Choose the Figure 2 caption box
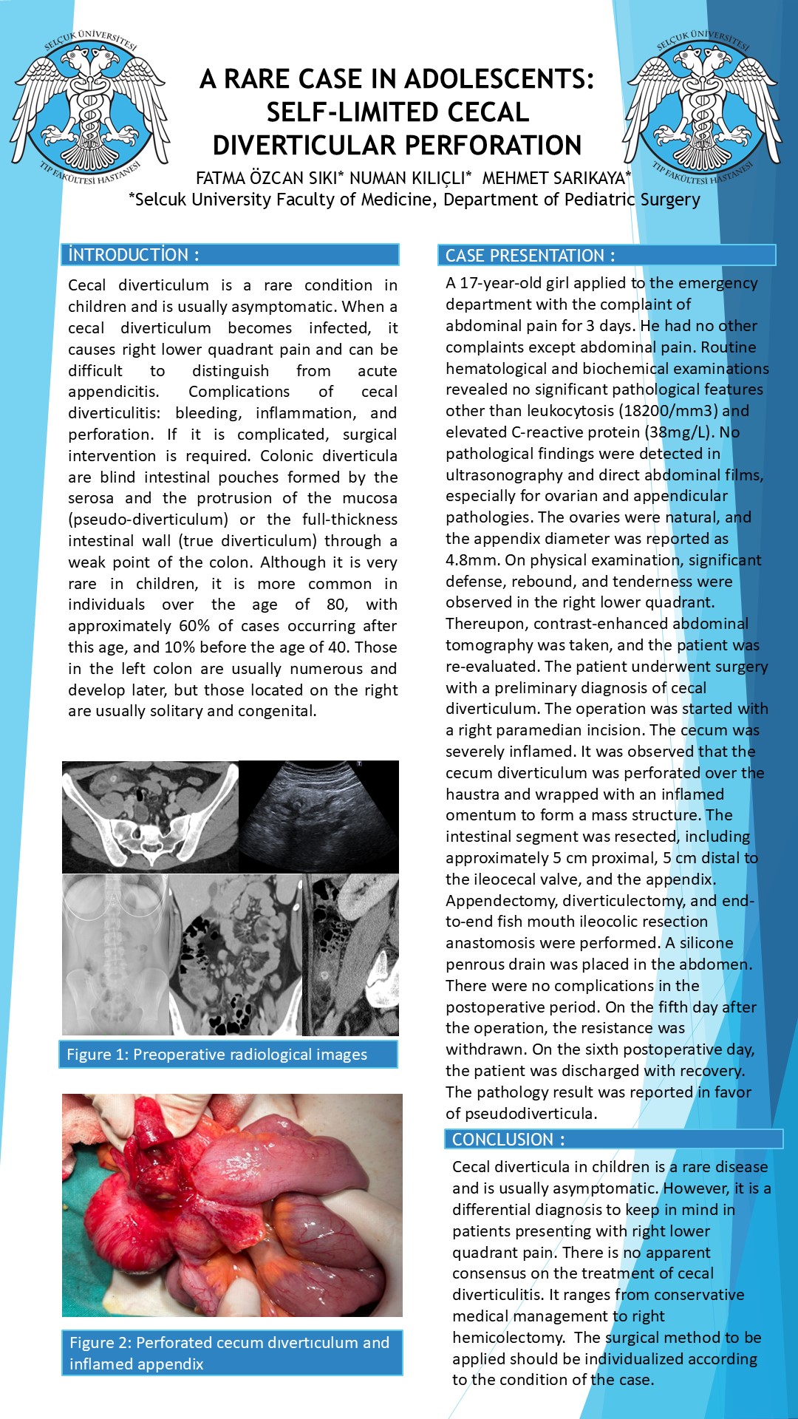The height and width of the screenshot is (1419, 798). point(232,1352)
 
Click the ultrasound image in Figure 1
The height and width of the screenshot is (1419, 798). point(318,817)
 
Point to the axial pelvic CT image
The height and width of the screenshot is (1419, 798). point(150,817)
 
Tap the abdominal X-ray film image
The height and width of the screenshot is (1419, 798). point(115,954)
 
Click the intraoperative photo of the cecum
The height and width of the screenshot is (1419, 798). point(232,1205)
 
